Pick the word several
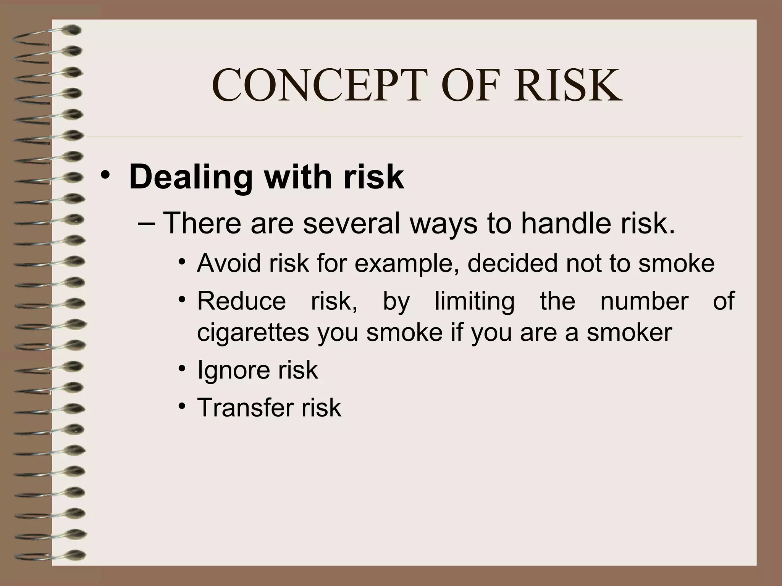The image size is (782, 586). [x=352, y=223]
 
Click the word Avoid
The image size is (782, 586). [x=229, y=263]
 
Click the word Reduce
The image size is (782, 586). [x=241, y=301]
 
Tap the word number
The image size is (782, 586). [x=644, y=301]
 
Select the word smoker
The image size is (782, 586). [x=629, y=332]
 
